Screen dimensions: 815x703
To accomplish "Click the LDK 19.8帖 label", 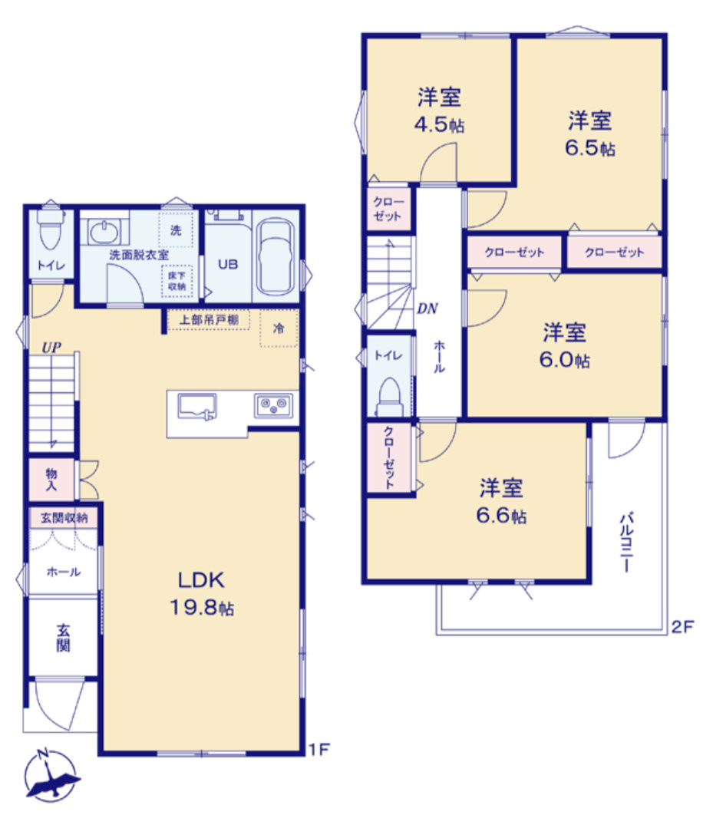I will [201, 592].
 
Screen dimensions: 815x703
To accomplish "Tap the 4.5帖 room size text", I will [440, 125].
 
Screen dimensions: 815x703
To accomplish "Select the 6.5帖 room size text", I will [590, 147].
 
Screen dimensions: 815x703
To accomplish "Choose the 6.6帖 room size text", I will [502, 516].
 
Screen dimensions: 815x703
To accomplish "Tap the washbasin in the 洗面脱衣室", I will [101, 230].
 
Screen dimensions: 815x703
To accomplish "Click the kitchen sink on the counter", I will [197, 405].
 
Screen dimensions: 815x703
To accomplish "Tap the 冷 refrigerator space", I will [279, 328].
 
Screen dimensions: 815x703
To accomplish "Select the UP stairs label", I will [51, 347].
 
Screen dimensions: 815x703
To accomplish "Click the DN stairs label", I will [427, 309].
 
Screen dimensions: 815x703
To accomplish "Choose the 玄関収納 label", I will [64, 518].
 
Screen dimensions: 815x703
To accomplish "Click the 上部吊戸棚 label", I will [209, 320].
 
